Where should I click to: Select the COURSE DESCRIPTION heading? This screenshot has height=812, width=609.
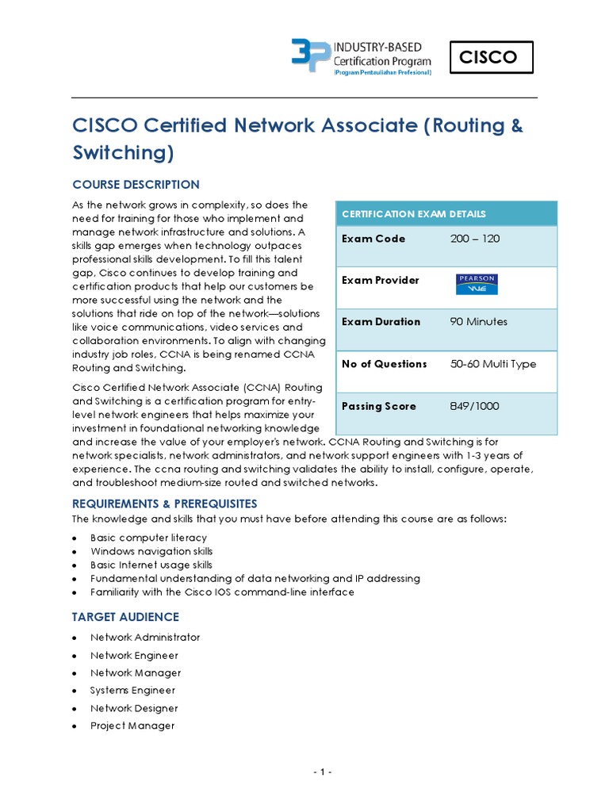tap(136, 185)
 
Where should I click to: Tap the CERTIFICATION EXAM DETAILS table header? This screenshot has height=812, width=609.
tap(413, 214)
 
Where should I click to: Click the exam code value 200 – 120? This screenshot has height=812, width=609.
tap(474, 239)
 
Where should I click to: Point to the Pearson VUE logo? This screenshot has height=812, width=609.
tap(476, 284)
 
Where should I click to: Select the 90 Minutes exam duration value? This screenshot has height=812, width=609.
tap(478, 322)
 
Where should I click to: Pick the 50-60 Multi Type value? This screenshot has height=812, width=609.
tap(492, 364)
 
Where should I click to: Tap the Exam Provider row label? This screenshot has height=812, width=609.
tap(380, 281)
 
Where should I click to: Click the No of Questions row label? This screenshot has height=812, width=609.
tap(384, 364)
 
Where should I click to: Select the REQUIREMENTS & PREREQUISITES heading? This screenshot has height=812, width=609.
tap(164, 504)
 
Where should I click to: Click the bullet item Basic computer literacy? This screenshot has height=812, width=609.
tap(148, 538)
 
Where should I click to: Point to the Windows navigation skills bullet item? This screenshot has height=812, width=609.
tap(151, 551)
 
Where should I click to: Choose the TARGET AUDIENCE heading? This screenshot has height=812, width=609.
tap(125, 617)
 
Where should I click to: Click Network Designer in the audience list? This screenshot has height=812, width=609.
tap(134, 708)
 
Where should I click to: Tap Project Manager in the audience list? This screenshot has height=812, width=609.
tap(132, 726)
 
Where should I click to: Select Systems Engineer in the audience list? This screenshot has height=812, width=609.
tap(132, 691)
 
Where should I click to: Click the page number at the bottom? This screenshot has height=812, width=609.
tap(321, 773)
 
